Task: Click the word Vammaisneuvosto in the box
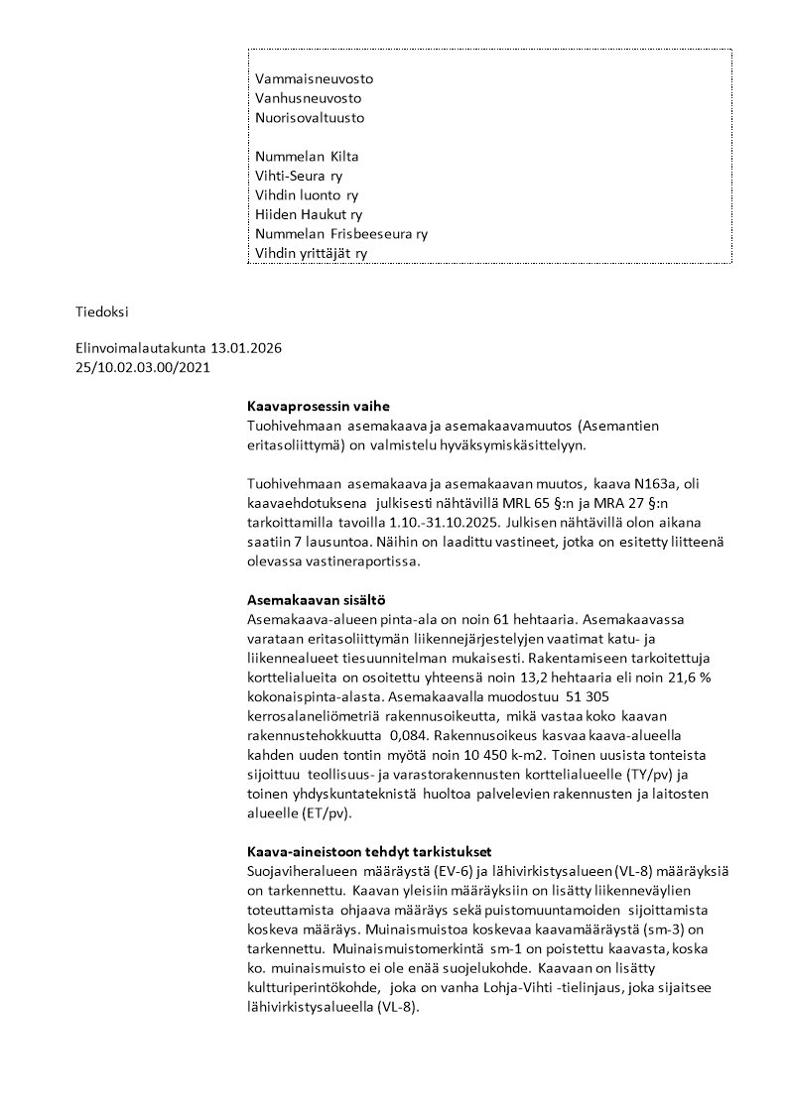pos(315,79)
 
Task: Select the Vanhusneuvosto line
pos(308,98)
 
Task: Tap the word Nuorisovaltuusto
pos(310,117)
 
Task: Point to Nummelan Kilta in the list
pos(307,157)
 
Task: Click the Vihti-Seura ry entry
pos(299,176)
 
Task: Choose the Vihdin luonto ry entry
pos(307,195)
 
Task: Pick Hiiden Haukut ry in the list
pos(309,214)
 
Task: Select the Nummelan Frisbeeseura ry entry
pos(341,234)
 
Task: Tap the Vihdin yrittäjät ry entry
pos(312,253)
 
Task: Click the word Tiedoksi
pos(102,311)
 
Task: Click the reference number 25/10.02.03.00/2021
pos(142,368)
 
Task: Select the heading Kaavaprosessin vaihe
pos(318,407)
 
